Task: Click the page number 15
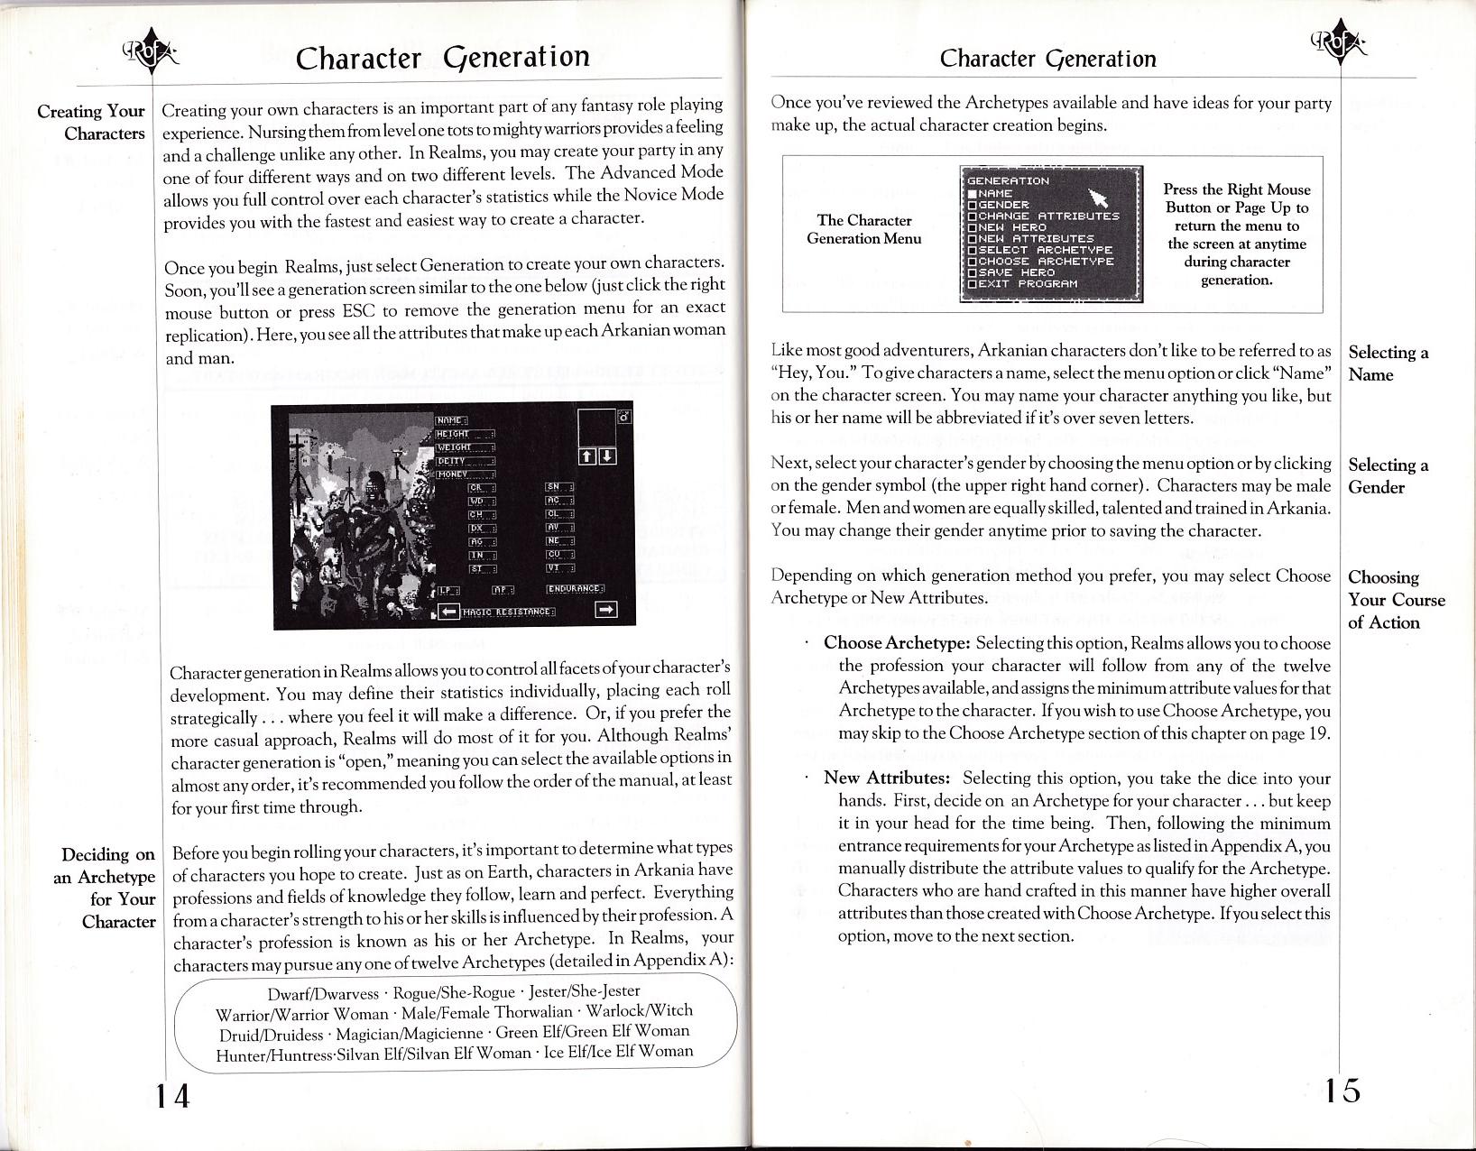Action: [1342, 1091]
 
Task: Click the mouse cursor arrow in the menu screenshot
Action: [1098, 198]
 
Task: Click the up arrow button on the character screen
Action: [587, 456]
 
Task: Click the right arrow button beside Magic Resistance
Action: [606, 611]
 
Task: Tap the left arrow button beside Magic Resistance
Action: [449, 612]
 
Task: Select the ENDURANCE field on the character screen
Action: [575, 589]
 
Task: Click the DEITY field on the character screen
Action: [465, 460]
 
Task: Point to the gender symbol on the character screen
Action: [624, 417]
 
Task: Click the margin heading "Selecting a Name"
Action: [1388, 364]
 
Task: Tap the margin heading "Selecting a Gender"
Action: [1388, 476]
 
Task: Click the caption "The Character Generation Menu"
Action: [863, 229]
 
